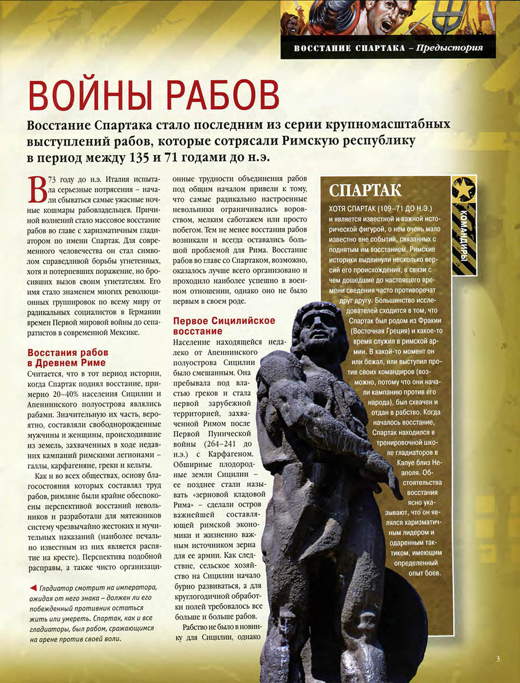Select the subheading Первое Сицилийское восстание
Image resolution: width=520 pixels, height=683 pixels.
(x=224, y=326)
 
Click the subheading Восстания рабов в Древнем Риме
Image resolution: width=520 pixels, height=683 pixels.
(x=67, y=358)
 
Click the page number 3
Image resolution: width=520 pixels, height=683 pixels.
(x=498, y=659)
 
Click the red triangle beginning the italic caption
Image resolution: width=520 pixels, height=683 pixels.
(x=33, y=588)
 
